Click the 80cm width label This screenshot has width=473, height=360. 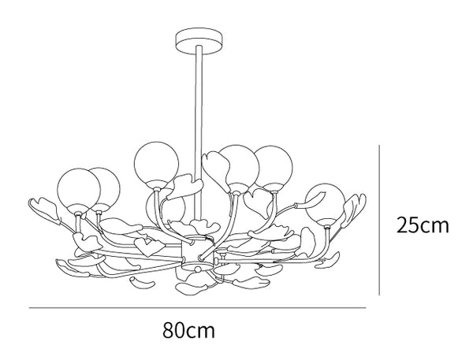189,330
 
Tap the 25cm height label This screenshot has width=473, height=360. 423,225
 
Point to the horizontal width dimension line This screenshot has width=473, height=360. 197,308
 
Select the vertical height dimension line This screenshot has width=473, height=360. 379,220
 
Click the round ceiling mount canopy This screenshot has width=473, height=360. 199,41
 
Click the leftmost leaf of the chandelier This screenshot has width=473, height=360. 43,210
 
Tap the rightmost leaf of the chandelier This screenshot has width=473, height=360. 355,208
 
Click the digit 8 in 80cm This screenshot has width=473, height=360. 169,330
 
